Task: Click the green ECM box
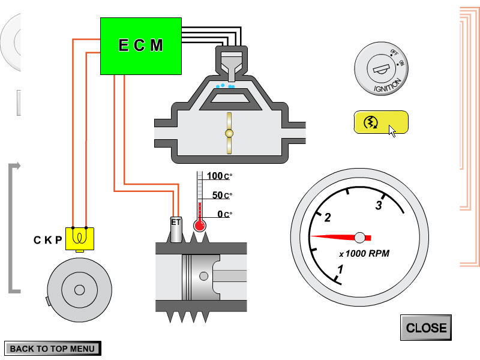(140, 46)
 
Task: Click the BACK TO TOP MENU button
(52, 348)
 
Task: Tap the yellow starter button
(380, 122)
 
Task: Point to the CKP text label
(47, 241)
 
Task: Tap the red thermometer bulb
(200, 226)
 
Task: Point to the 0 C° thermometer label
(224, 214)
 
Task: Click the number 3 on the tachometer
(379, 206)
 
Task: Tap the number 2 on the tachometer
(328, 217)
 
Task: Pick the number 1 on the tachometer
(340, 269)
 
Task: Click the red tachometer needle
(336, 236)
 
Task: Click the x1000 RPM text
(364, 253)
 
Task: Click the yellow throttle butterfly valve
(228, 133)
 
